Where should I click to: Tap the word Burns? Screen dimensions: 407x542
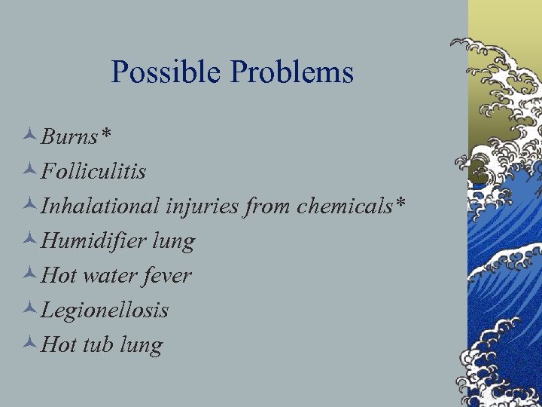pos(70,136)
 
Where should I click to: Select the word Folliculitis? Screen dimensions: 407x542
pos(93,171)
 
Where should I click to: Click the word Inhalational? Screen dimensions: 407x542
pos(101,206)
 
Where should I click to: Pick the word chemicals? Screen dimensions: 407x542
pos(346,206)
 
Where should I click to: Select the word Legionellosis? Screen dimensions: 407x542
pos(105,310)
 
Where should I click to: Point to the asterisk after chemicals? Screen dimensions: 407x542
pos(400,202)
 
